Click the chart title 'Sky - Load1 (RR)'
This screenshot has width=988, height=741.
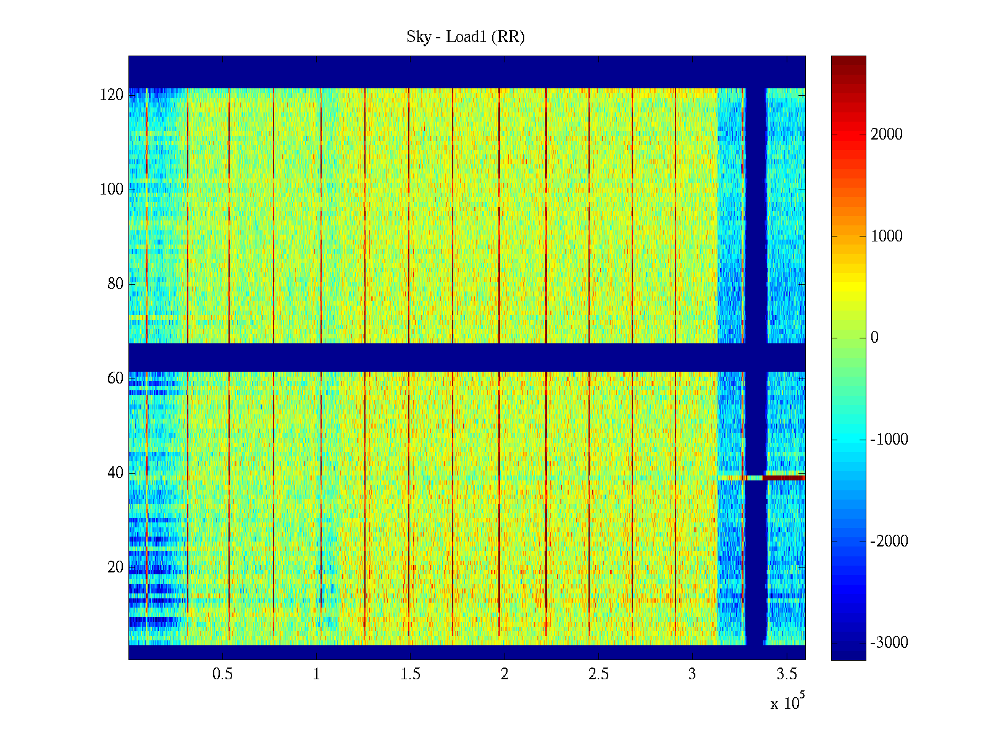point(465,37)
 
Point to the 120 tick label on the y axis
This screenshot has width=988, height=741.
point(112,95)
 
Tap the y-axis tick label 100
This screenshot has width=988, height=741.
point(112,190)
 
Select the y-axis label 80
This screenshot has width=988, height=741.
point(115,284)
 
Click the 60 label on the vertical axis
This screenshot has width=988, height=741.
point(115,379)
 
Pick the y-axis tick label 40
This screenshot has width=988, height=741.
point(115,473)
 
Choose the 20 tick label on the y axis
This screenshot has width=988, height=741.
point(115,567)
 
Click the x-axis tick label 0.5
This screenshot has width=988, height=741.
point(222,674)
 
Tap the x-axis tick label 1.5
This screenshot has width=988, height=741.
point(410,674)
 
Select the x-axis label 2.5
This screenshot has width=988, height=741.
point(598,674)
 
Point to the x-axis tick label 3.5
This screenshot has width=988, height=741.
point(786,674)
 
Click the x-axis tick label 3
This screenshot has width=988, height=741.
point(692,674)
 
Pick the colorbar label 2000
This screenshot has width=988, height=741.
point(886,135)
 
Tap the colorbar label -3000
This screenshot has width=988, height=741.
point(889,643)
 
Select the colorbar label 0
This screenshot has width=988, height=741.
point(874,338)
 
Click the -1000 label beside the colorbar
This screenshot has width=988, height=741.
point(889,440)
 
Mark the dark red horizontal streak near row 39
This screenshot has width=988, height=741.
point(784,477)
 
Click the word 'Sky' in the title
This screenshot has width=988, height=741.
point(418,37)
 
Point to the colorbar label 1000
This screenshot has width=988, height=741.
point(886,237)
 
